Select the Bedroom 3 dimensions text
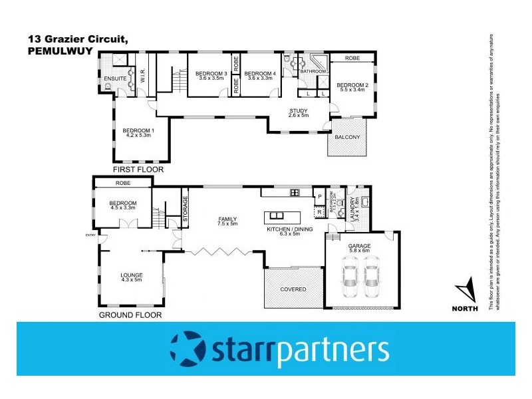pos(213,78)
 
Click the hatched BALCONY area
pos(347,138)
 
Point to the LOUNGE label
pos(131,275)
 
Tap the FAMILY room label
pos(227,220)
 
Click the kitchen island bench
pos(282,217)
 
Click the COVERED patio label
pos(293,289)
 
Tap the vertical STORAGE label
pos(185,208)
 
